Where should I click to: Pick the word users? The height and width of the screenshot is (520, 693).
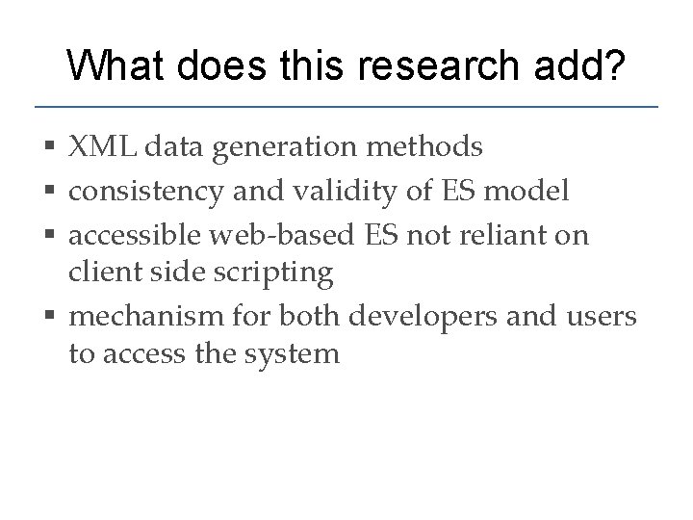pyautogui.click(x=603, y=315)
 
